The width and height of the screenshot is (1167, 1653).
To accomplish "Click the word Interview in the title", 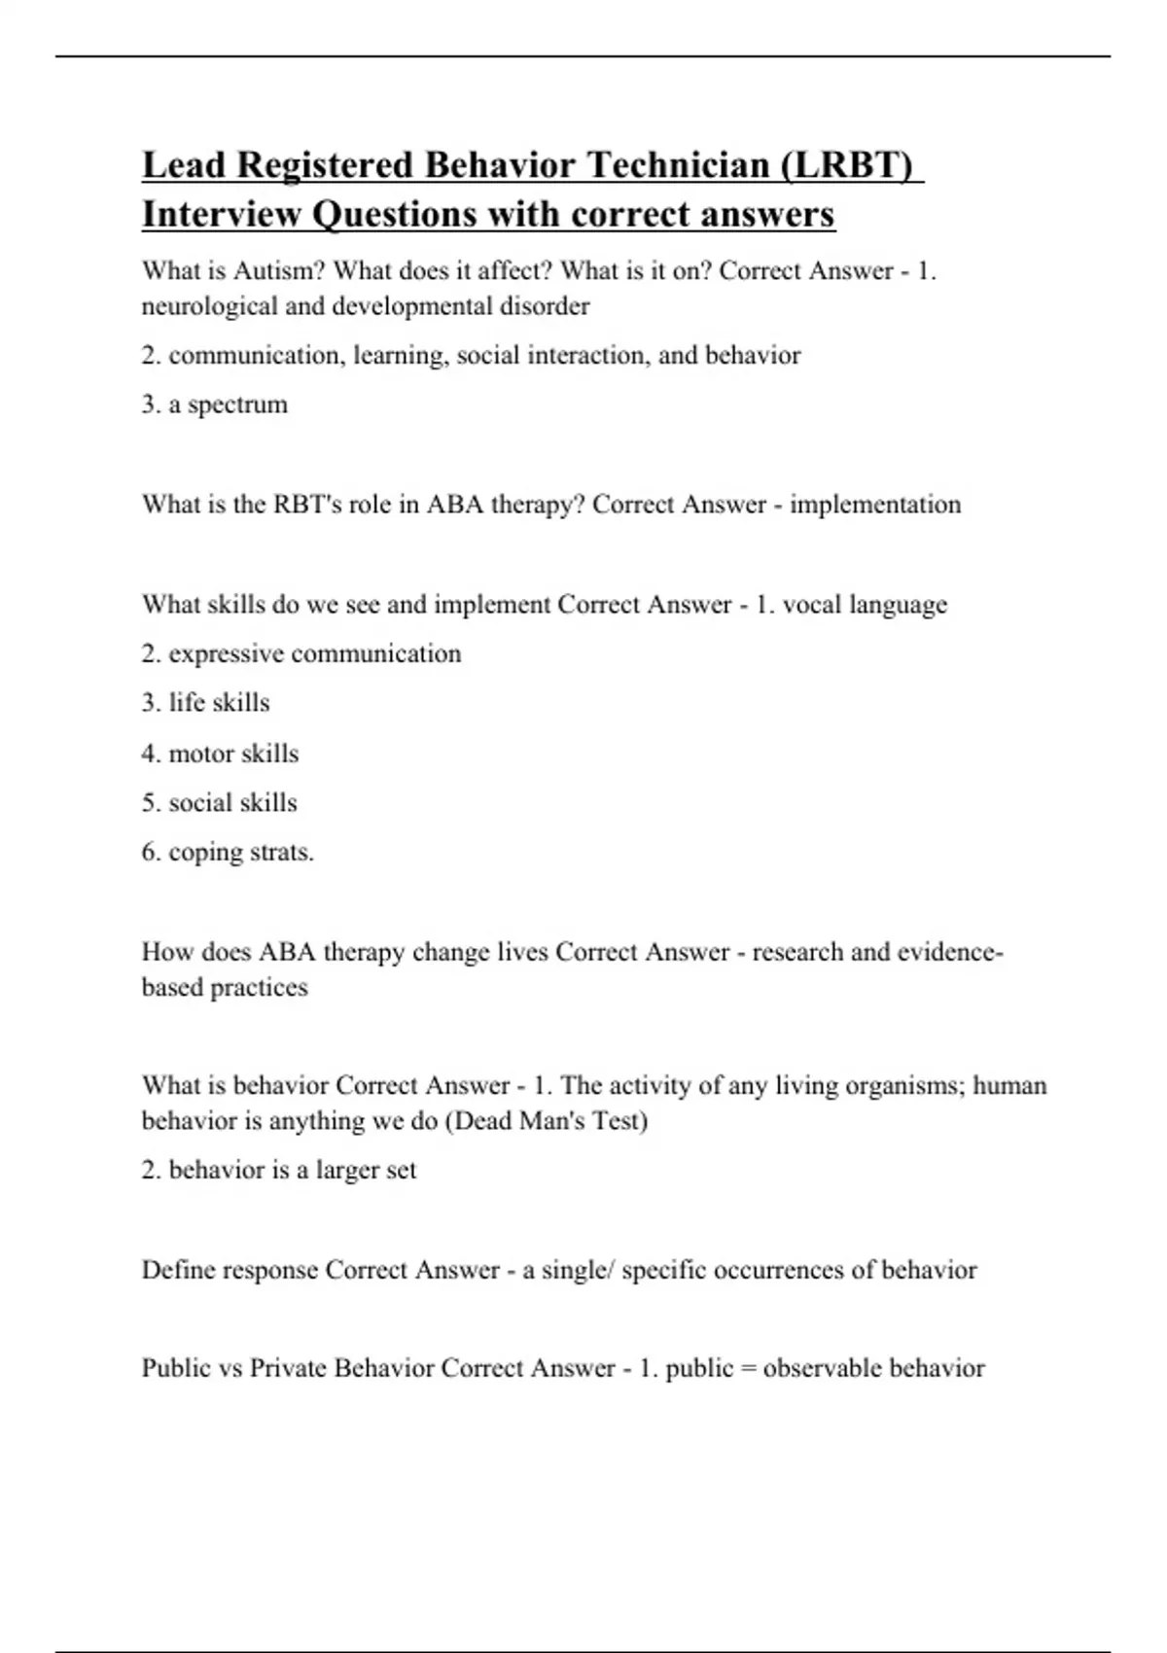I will (221, 214).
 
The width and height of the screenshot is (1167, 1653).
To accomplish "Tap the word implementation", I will (875, 504).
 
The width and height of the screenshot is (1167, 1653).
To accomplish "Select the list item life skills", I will (219, 702).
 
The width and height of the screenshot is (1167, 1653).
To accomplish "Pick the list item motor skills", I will (233, 753).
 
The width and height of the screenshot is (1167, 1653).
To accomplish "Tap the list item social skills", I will (232, 802).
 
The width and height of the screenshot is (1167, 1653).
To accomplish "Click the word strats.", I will (282, 852).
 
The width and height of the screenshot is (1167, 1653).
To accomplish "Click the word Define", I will (179, 1270).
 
